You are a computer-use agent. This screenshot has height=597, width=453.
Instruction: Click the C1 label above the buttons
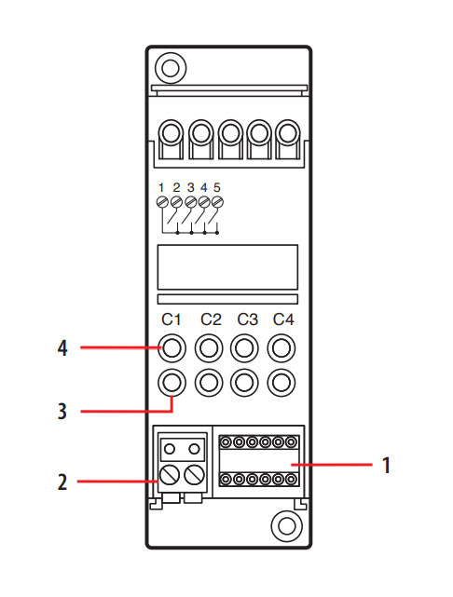click(172, 319)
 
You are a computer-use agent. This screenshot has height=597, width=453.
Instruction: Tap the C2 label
click(211, 319)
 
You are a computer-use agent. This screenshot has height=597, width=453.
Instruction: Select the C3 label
click(247, 319)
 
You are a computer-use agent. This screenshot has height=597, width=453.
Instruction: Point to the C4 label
click(283, 319)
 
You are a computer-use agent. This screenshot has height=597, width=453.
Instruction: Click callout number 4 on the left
click(62, 347)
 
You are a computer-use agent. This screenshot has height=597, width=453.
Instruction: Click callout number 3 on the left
click(62, 412)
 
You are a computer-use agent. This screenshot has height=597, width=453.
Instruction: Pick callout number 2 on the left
click(62, 482)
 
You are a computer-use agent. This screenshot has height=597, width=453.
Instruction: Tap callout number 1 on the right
click(386, 465)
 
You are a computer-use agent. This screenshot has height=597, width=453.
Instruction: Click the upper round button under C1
click(172, 348)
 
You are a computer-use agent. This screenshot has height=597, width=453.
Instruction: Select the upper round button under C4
click(281, 348)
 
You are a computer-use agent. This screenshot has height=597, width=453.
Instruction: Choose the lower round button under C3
click(244, 383)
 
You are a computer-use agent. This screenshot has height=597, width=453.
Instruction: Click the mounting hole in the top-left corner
click(171, 68)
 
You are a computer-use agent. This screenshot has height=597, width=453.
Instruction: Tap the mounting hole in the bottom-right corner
click(287, 526)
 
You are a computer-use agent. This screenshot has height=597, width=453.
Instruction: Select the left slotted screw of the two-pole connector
click(170, 475)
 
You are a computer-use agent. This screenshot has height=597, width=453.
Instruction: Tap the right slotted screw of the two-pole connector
click(194, 475)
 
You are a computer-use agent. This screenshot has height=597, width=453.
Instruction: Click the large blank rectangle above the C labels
click(227, 267)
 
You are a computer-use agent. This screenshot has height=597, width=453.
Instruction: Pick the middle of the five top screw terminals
click(230, 134)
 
